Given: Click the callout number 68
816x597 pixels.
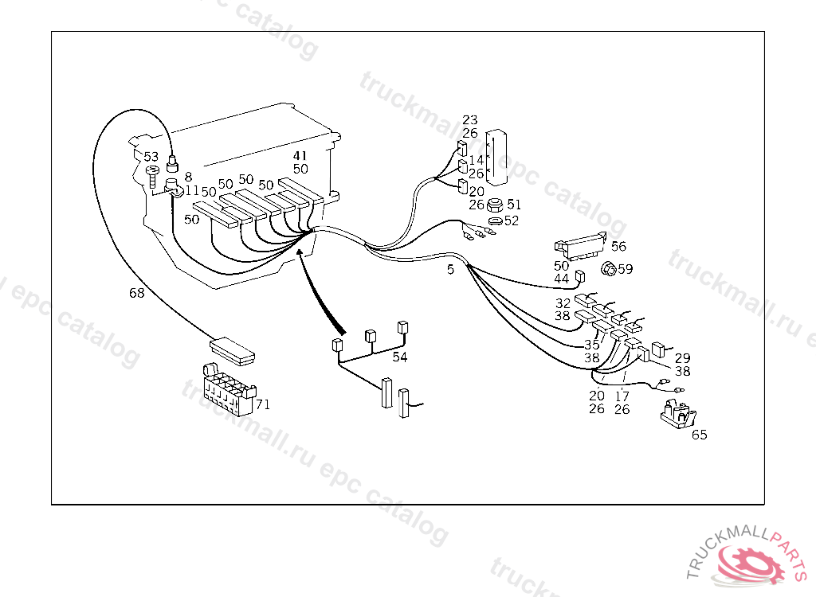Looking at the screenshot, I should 137,293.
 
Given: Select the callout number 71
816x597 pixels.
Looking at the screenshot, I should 263,404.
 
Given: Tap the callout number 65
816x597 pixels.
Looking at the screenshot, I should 699,435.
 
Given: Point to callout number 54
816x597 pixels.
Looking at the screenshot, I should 399,357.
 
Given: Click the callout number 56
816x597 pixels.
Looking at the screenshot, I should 618,247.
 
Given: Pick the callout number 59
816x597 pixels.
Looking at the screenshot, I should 625,269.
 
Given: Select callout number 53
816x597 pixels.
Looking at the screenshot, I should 151,157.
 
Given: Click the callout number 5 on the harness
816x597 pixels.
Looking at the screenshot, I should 450,270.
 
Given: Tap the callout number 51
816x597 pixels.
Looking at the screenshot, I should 514,205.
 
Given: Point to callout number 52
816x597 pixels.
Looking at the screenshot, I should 511,220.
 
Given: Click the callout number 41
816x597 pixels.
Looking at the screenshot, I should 300,156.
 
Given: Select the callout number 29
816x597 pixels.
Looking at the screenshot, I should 682,358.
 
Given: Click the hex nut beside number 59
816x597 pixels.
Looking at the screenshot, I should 607,269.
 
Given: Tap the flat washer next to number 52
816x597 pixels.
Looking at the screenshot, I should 493,220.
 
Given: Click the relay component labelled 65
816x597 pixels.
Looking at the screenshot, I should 677,415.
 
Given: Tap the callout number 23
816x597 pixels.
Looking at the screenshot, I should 469,121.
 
